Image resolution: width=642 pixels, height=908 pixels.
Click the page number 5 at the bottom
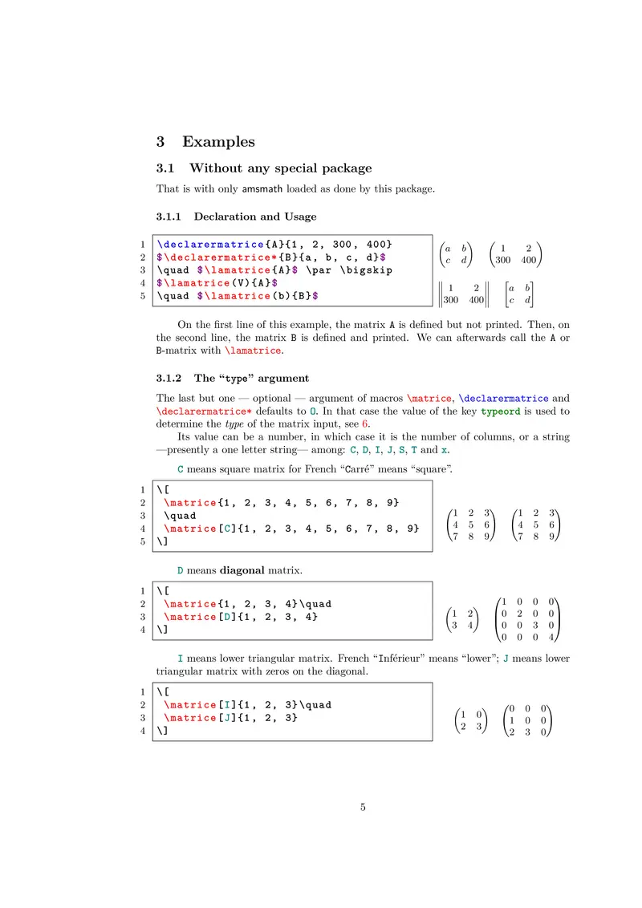tap(363, 807)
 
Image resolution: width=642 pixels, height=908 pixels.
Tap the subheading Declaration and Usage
tap(255, 217)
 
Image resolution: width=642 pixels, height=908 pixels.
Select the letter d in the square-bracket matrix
tap(527, 301)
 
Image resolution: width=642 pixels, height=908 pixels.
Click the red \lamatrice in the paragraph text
tap(254, 351)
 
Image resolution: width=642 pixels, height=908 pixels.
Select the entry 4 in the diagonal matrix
tap(551, 638)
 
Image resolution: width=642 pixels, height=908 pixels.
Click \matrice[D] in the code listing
tap(195, 616)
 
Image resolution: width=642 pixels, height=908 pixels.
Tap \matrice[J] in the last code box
tap(195, 718)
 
